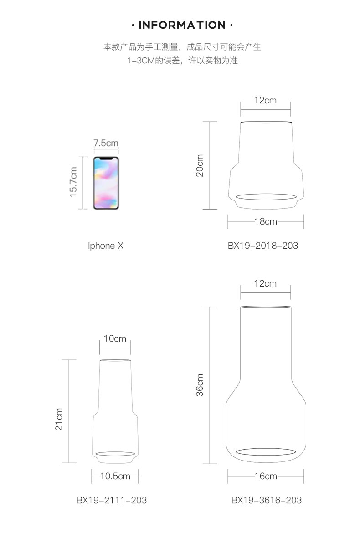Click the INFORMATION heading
pyautogui.click(x=182, y=25)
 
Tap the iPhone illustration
pyautogui.click(x=106, y=183)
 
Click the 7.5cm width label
pyautogui.click(x=106, y=143)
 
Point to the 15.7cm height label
pyautogui.click(x=73, y=182)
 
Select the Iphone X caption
pyautogui.click(x=106, y=246)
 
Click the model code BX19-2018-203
pyautogui.click(x=263, y=246)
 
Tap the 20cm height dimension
pyautogui.click(x=200, y=165)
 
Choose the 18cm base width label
pyautogui.click(x=266, y=222)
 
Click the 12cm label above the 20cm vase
pyautogui.click(x=265, y=100)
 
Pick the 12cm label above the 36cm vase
pyautogui.click(x=265, y=283)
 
